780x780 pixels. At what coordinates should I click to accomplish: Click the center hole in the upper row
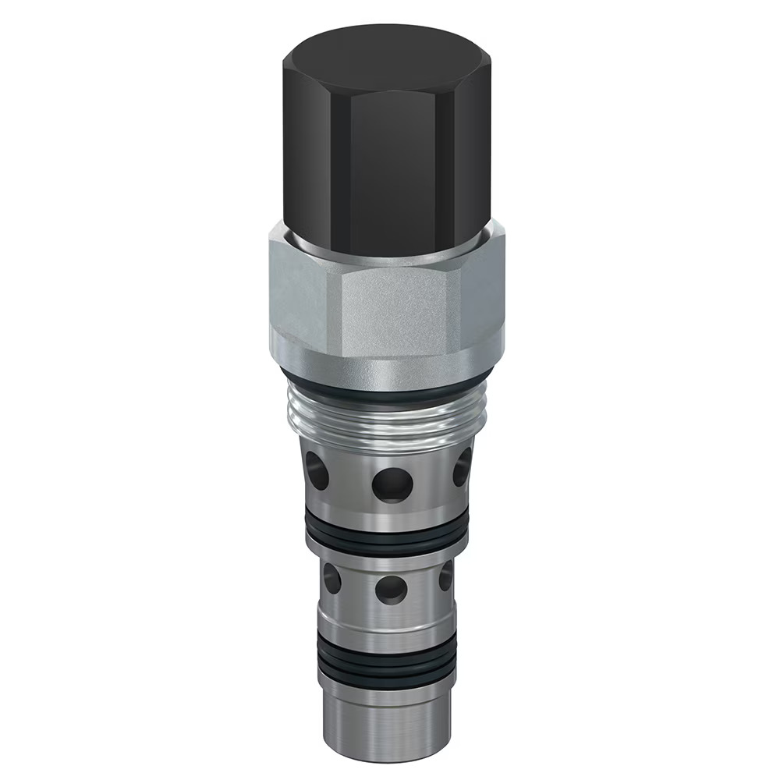click(x=392, y=484)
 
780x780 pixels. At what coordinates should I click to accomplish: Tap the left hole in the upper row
click(x=315, y=468)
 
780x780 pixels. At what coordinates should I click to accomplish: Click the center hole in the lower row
click(x=391, y=588)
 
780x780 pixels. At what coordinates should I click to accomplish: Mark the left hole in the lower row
click(x=331, y=579)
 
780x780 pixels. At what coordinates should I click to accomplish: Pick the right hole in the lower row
click(x=446, y=576)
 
